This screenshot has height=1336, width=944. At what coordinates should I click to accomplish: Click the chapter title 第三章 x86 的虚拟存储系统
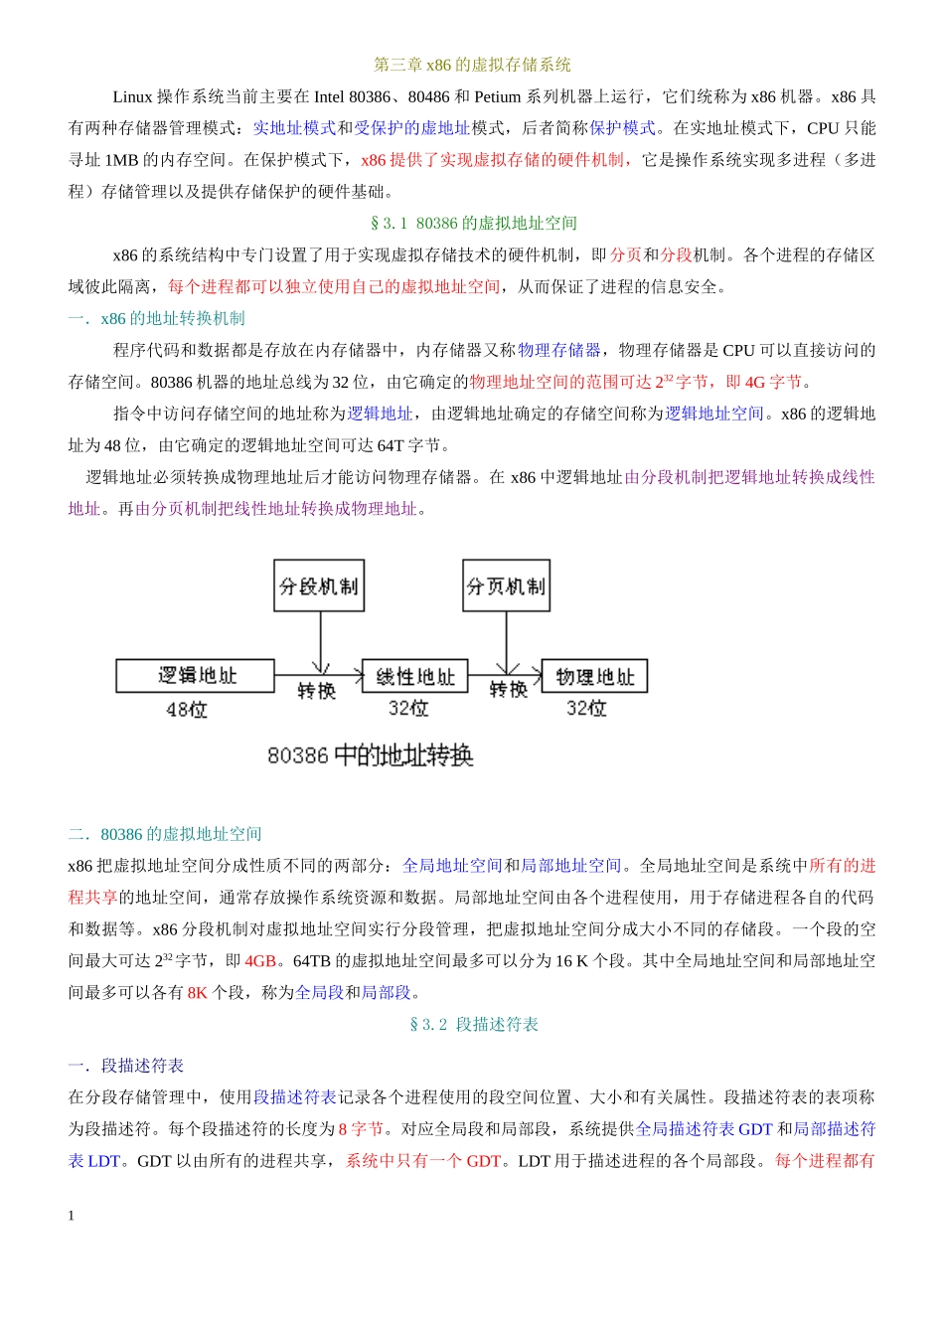coord(472,65)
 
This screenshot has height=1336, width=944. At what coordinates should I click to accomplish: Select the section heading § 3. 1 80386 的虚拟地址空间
coord(473,223)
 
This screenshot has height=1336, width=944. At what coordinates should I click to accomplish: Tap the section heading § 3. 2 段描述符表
coord(473,1024)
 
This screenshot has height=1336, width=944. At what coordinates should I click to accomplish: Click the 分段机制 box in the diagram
coord(319,585)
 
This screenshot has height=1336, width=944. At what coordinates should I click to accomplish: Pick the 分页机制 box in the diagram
coord(506,585)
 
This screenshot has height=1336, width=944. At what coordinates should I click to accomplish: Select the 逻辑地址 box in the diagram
coord(195,676)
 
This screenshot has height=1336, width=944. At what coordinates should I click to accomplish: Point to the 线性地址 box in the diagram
coord(414,677)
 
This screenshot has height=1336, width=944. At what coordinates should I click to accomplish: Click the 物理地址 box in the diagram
coord(594,677)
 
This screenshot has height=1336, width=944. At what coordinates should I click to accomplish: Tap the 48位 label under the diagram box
coord(187,710)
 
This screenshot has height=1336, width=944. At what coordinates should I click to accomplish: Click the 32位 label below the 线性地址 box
coord(408,708)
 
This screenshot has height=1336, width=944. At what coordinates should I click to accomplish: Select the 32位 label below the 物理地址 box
coord(586,708)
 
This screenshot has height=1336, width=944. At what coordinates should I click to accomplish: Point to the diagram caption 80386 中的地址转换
coord(370,755)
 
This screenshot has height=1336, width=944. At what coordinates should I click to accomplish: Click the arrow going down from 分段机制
coord(320,642)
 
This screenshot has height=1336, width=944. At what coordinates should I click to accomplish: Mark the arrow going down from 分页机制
coord(507,642)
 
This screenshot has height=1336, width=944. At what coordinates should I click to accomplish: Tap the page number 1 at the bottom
coord(72,1215)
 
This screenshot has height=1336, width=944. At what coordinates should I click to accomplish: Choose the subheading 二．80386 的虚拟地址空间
coord(165,834)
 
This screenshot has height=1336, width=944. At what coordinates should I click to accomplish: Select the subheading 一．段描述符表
coord(126,1066)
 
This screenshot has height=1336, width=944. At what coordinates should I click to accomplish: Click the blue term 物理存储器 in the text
coord(559,350)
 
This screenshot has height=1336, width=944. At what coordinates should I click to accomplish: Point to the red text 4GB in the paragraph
coord(260,961)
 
